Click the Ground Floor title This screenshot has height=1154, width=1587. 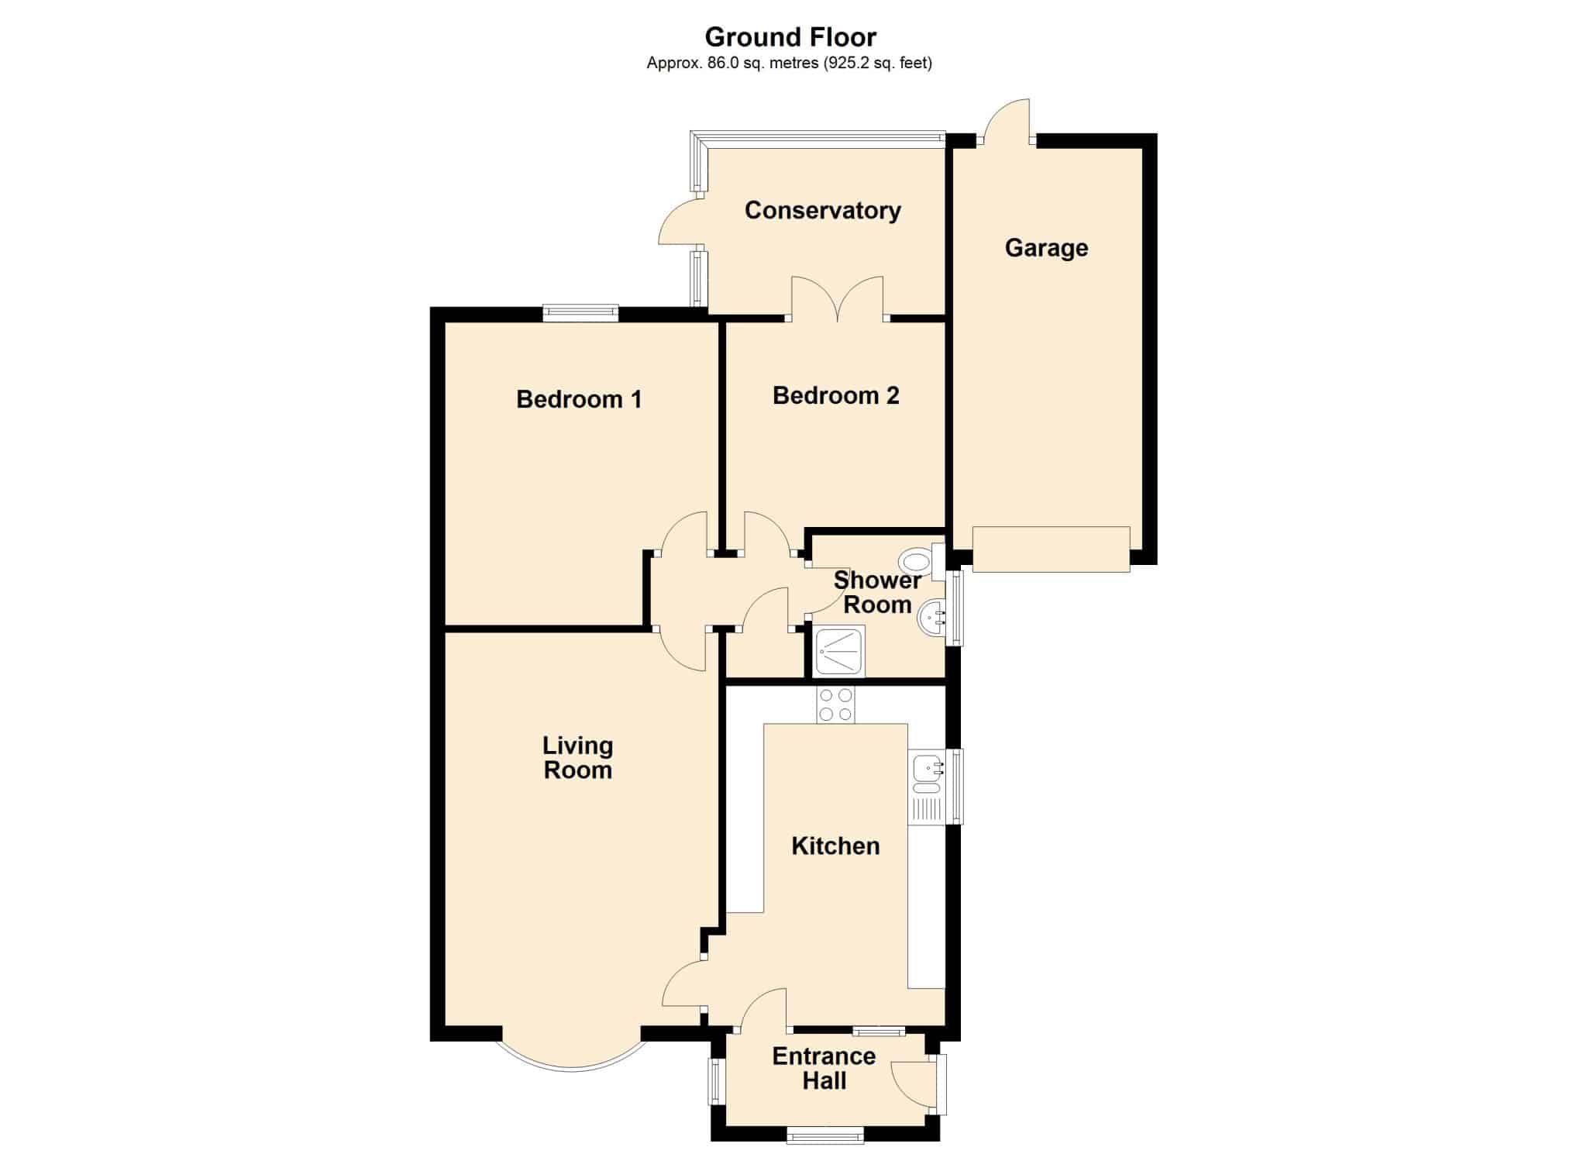tap(790, 37)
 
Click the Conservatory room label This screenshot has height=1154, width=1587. tap(822, 211)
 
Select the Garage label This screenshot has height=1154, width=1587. tap(1046, 248)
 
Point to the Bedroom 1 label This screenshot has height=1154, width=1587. tap(579, 399)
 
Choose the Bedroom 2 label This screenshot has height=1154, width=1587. tap(835, 395)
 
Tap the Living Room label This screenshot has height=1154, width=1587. tap(577, 758)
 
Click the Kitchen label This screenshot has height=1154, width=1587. tap(835, 846)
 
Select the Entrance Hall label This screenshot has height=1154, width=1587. tap(824, 1068)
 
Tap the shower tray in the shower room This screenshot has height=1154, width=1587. tap(839, 651)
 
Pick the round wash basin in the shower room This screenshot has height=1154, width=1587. tap(931, 618)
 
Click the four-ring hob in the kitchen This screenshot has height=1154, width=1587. tap(835, 705)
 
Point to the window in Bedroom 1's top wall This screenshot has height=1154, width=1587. tap(580, 313)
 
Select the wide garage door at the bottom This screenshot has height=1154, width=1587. tap(1052, 549)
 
